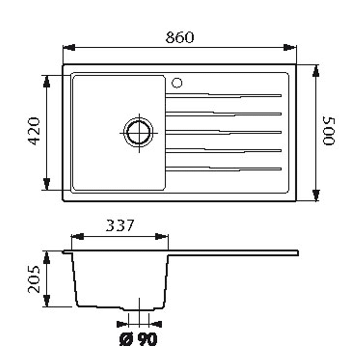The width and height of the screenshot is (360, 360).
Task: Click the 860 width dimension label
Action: pyautogui.click(x=180, y=37)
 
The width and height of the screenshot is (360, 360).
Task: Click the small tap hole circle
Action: pyautogui.click(x=177, y=83)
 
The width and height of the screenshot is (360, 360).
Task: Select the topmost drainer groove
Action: pyautogui.click(x=223, y=96)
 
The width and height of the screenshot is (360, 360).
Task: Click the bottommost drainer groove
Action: pyautogui.click(x=223, y=169)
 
